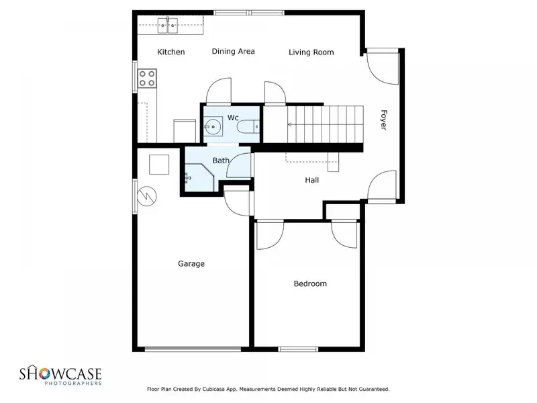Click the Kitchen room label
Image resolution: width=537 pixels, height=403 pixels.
point(171,52)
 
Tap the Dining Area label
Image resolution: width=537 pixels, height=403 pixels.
point(233,52)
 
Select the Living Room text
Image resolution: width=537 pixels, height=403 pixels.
point(311,52)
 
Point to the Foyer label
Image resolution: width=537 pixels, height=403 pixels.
point(383,120)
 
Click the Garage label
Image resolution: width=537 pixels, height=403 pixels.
point(191,264)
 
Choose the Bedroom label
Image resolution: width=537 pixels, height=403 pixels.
point(310,283)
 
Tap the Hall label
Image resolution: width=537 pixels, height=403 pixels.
point(312,180)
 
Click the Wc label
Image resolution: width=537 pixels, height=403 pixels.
point(233,118)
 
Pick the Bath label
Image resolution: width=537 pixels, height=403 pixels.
point(221,161)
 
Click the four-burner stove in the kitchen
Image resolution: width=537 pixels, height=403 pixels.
point(147,78)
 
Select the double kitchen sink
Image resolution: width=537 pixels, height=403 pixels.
point(167,25)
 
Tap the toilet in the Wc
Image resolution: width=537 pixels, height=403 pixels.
point(248,127)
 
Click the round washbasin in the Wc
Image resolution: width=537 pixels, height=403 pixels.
point(213,127)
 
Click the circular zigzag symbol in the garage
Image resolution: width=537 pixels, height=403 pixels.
point(147,196)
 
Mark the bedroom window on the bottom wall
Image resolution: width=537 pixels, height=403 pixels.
point(298,349)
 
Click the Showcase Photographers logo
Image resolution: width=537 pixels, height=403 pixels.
point(60,375)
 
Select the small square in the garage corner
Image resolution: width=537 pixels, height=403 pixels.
point(159,165)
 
